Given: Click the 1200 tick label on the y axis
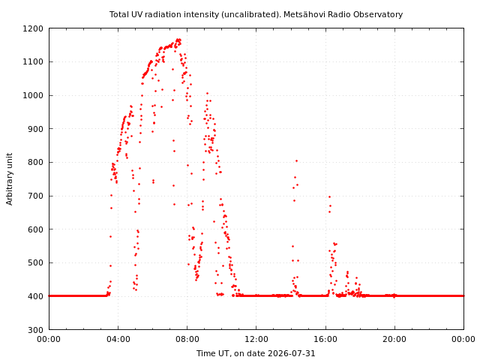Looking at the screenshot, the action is pos(33,28).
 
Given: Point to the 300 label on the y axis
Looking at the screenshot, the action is pos(36,330).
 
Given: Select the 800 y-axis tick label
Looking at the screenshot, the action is pos(36,162).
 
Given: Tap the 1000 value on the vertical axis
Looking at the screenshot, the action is pos(33,95).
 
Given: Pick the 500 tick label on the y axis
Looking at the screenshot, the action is pos(36,263).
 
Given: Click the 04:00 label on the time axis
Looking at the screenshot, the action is pos(118,339).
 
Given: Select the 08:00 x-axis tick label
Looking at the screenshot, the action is pos(187,339).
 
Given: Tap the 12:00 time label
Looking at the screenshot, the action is pos(256,339).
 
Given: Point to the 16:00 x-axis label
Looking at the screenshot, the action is pos(325,339).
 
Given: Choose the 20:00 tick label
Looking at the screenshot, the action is pos(394,339).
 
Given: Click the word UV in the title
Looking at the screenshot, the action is pos(137,14).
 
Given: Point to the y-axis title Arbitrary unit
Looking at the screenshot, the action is pos(10,179).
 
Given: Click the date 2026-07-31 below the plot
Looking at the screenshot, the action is pos(292,353).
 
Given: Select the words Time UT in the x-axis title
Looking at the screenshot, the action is pos(213,353).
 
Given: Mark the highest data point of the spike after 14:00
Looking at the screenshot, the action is pos(296,160).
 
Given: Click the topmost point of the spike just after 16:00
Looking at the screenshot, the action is pos(329,196).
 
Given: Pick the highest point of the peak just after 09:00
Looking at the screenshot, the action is pos(207,93).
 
